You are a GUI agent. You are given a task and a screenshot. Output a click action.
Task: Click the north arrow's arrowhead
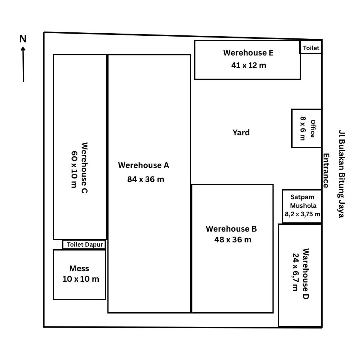[x=23, y=49]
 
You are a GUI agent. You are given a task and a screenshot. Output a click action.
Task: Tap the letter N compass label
[x=23, y=39]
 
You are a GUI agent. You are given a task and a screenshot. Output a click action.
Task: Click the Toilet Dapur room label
[x=85, y=245]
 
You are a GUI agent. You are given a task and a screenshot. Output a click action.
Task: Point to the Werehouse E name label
[x=248, y=53]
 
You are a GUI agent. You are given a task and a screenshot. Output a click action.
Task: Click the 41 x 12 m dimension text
[x=249, y=65]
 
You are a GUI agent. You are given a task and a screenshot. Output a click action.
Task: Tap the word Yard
[x=241, y=132]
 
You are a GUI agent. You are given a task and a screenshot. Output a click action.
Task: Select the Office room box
[x=307, y=128]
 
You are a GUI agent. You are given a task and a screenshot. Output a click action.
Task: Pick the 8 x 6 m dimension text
[x=303, y=128]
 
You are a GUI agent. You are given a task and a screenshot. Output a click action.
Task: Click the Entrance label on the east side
[x=326, y=171]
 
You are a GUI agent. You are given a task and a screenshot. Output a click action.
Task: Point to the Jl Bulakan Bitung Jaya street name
[x=342, y=174]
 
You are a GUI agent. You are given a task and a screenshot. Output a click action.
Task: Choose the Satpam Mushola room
[x=302, y=206]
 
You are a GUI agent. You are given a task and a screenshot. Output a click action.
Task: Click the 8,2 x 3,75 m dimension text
[x=302, y=214]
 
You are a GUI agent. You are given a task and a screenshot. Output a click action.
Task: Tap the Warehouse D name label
[x=306, y=273]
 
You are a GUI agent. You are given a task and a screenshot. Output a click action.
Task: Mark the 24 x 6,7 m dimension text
[x=295, y=272]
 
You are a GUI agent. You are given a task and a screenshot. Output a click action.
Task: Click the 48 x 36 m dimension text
[x=233, y=240]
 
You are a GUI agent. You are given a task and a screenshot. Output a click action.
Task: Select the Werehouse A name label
[x=144, y=165]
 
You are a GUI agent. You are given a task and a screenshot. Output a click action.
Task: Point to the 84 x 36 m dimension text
[x=146, y=179]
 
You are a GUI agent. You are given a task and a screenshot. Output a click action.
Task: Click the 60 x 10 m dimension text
[x=74, y=169]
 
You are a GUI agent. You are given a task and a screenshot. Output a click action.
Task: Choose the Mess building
[x=79, y=275]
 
